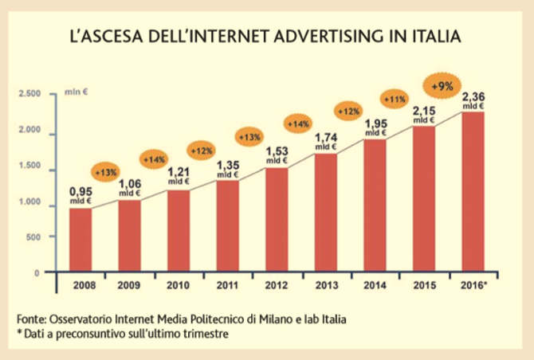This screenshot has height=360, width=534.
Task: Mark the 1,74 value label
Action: (x=325, y=137)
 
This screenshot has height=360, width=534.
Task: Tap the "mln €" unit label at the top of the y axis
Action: (x=76, y=93)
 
